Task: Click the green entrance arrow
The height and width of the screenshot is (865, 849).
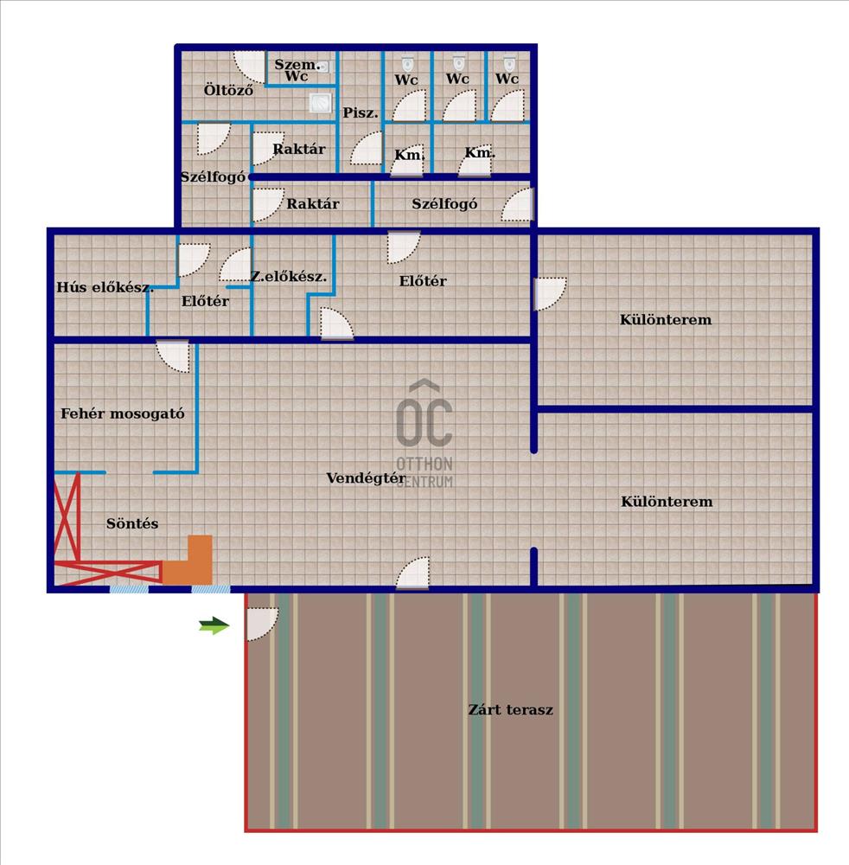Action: pos(214,626)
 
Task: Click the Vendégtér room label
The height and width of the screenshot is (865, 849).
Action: pos(366,477)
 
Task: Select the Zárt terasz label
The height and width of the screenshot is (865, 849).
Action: pos(510,710)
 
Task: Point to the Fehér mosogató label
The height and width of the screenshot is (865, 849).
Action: pos(123,413)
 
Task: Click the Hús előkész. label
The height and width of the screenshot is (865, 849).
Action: pos(105,288)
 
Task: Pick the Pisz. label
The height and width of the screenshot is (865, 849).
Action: pos(360,113)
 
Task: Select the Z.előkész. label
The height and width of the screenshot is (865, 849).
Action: pos(289,277)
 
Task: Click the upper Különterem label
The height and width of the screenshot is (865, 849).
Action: pos(666,319)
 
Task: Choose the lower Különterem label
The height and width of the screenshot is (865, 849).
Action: pos(667,502)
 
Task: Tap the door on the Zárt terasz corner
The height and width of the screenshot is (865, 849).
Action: pos(261,623)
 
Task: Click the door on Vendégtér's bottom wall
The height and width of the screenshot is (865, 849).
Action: pos(413,573)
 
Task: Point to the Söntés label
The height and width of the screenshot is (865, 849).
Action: pos(132,523)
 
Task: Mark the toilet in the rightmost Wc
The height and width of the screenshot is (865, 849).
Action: pos(509,63)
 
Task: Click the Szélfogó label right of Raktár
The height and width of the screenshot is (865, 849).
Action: pos(444,204)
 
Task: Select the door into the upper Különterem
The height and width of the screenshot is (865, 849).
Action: pos(549,293)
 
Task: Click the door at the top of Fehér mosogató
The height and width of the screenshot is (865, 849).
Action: pos(173,356)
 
